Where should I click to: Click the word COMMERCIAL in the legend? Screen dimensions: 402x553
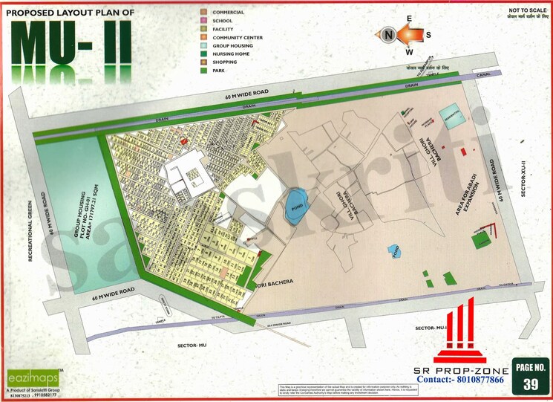(x=229, y=13)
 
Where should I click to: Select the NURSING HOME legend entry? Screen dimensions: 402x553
(x=231, y=54)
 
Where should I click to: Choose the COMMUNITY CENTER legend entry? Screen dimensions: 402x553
(x=238, y=37)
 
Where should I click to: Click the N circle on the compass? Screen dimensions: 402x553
(x=387, y=34)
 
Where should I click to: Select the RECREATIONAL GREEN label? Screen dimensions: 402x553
(x=33, y=230)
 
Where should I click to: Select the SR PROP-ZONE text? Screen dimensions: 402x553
(x=461, y=369)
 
